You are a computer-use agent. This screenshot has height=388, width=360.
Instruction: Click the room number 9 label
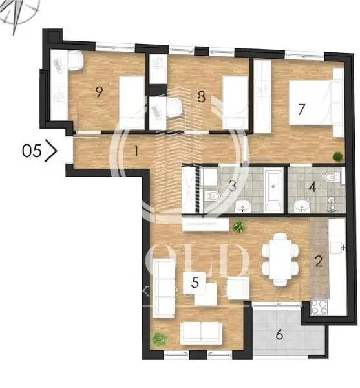point(99,91)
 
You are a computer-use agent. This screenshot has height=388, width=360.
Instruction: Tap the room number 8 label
point(201,97)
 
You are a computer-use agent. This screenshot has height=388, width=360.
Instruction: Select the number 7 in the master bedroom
point(301,108)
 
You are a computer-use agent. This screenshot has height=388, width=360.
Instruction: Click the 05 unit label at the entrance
point(30,151)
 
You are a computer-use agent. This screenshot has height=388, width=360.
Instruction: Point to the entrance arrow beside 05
point(52,151)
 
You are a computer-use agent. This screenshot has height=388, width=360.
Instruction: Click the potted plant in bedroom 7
point(337,156)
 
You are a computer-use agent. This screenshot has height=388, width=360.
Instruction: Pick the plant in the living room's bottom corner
point(160,339)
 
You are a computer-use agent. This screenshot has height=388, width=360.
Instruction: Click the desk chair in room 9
point(73,61)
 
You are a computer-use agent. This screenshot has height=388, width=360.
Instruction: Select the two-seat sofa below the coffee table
point(201,332)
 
